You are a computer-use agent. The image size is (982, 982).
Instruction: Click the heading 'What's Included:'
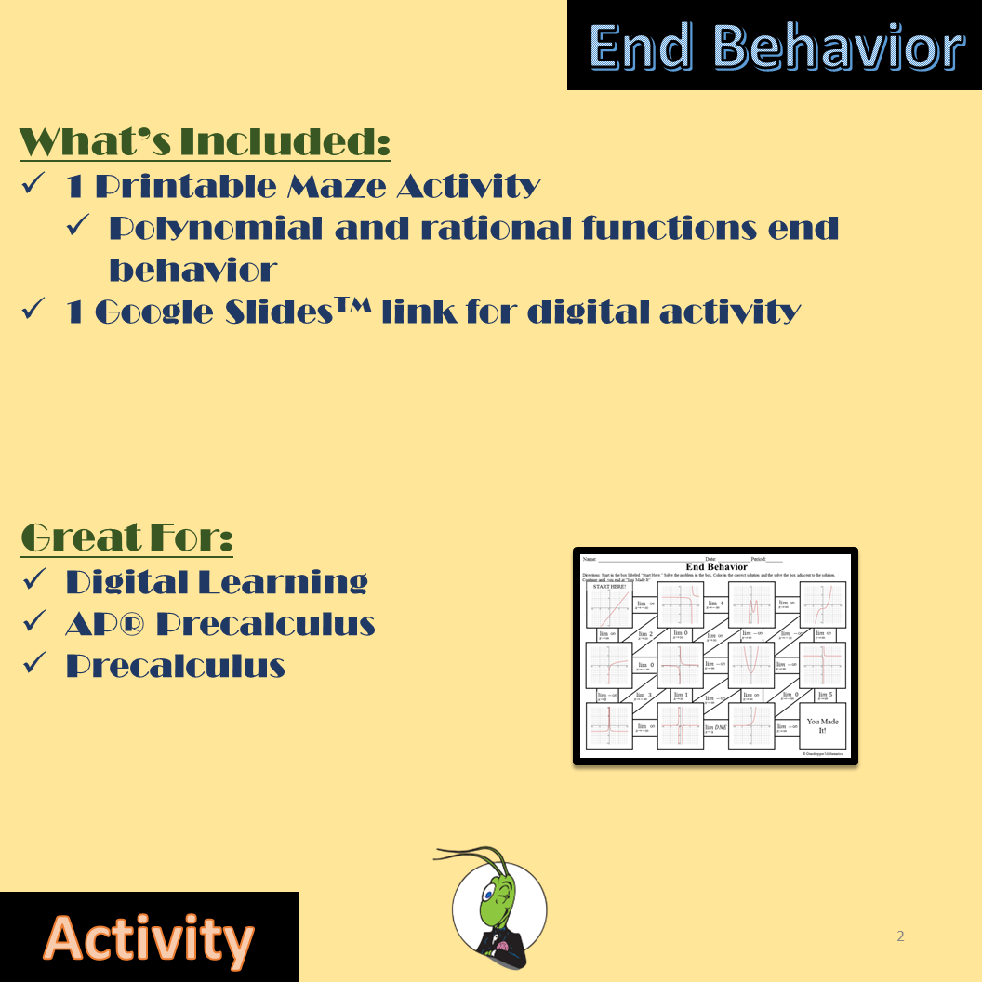tap(205, 142)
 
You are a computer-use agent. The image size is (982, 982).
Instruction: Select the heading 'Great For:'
tap(126, 537)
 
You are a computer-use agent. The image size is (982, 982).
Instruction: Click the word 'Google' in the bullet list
tap(153, 312)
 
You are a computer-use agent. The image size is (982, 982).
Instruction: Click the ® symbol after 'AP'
tap(135, 623)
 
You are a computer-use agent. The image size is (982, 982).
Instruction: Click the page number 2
tap(899, 936)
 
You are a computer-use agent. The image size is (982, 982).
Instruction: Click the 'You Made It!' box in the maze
tap(822, 725)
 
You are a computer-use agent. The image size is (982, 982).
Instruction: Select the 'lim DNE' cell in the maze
tap(715, 728)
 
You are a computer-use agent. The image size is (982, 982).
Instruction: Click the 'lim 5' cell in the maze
tap(823, 695)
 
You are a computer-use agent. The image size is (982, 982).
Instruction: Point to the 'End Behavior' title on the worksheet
tap(716, 566)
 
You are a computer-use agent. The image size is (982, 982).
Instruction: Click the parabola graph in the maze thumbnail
tap(751, 665)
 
